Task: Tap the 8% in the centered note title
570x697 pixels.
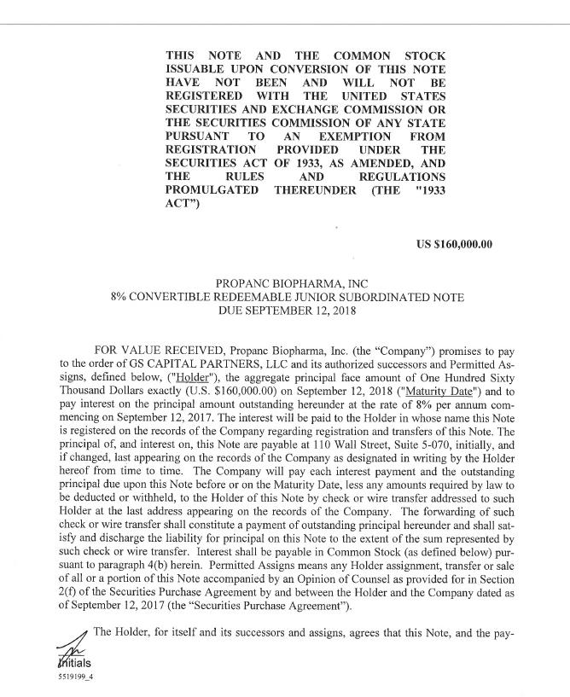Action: tap(120, 298)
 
